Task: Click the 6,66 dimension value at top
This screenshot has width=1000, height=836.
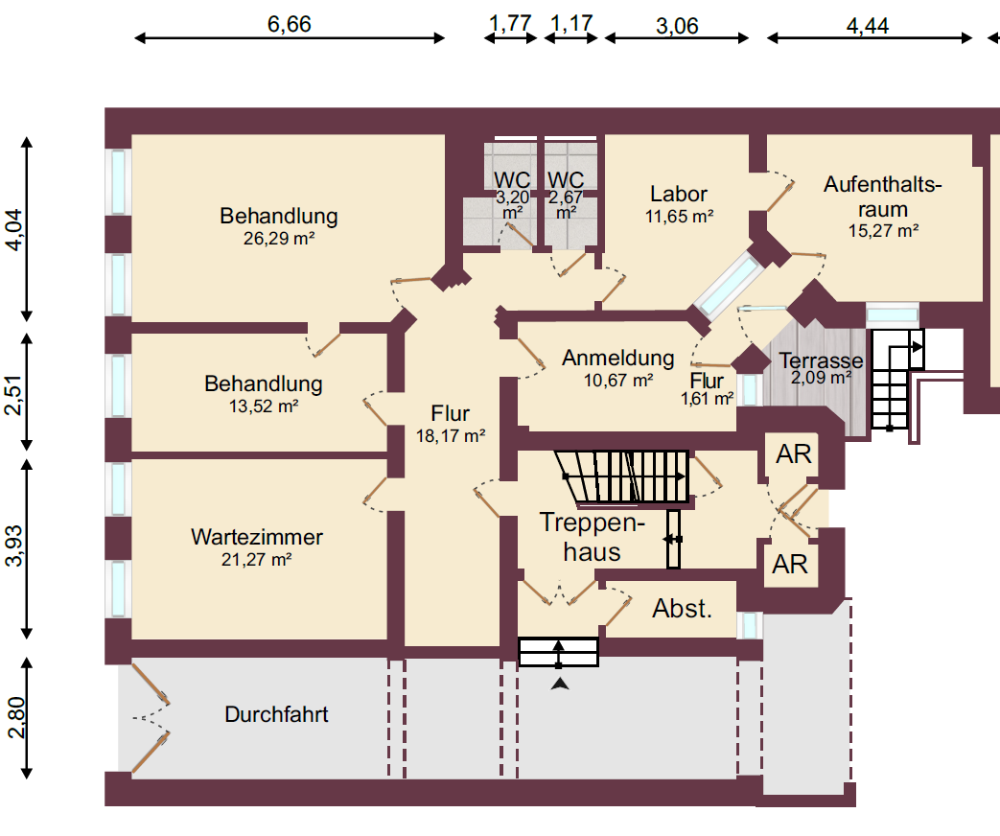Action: pyautogui.click(x=289, y=24)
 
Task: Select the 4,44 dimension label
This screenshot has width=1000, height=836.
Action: pyautogui.click(x=867, y=25)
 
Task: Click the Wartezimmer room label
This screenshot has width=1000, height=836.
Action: pyautogui.click(x=256, y=537)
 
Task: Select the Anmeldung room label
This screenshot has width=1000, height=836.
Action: pyautogui.click(x=617, y=359)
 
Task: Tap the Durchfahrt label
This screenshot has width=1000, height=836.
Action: pyautogui.click(x=276, y=714)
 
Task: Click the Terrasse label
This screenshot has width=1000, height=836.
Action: pyautogui.click(x=821, y=361)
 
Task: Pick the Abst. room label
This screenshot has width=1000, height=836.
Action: pyautogui.click(x=682, y=608)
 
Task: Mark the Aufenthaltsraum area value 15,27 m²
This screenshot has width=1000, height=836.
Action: pyautogui.click(x=883, y=230)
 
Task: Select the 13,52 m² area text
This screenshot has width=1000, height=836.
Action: pyautogui.click(x=263, y=406)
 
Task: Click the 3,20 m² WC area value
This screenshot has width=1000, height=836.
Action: pyautogui.click(x=512, y=204)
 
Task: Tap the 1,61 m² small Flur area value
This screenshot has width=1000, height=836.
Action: pyautogui.click(x=707, y=399)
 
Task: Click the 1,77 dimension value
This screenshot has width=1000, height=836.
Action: pyautogui.click(x=510, y=23)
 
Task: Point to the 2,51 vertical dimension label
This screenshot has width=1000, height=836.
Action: pyautogui.click(x=13, y=393)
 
